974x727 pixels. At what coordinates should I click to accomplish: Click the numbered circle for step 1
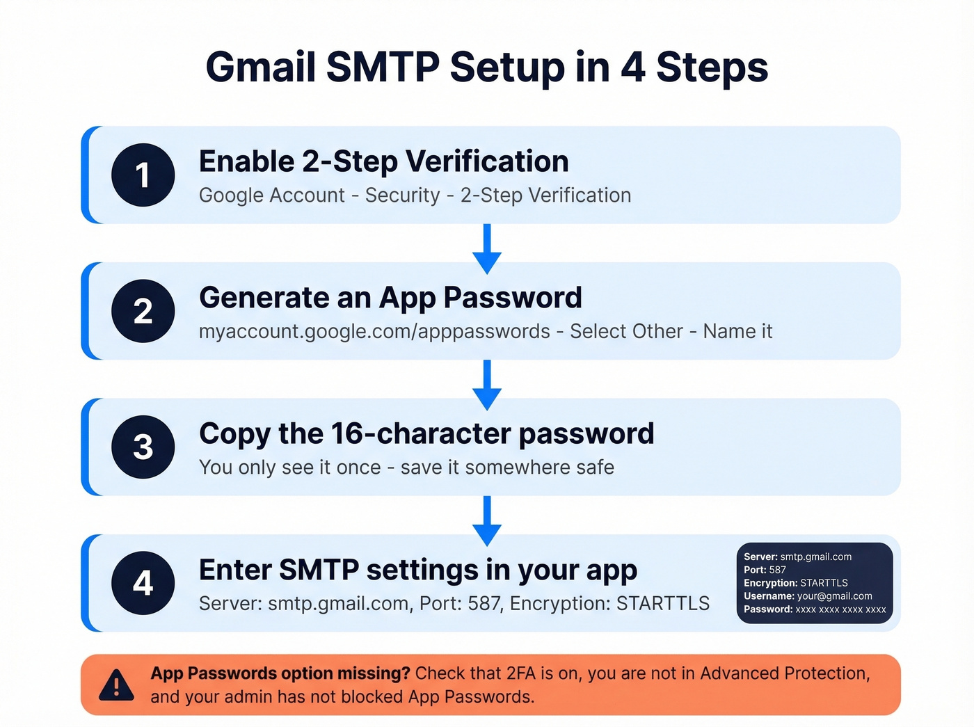click(x=143, y=175)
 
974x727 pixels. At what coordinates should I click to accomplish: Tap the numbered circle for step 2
click(x=143, y=311)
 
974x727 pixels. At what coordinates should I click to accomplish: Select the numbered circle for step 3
click(x=143, y=447)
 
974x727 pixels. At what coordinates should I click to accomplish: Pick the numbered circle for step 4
click(x=143, y=583)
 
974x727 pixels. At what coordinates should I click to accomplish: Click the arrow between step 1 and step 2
click(x=487, y=248)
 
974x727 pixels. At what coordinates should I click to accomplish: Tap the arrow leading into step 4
click(x=487, y=520)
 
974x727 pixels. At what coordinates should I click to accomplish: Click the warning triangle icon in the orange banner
click(x=116, y=685)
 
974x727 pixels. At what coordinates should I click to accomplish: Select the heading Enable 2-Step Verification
click(x=383, y=161)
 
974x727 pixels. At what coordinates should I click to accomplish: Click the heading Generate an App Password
click(x=390, y=298)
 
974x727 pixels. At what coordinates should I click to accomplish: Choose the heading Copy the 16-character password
click(x=426, y=433)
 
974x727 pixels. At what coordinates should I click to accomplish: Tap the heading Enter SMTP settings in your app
click(x=417, y=570)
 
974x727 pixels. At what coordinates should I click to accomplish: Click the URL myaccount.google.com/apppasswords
click(x=374, y=331)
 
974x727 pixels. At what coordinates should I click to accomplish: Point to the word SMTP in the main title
click(x=382, y=67)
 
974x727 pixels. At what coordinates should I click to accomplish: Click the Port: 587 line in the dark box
click(x=765, y=570)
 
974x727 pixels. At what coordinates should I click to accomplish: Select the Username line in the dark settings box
click(x=808, y=596)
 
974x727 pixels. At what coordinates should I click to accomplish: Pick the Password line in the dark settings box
click(x=815, y=609)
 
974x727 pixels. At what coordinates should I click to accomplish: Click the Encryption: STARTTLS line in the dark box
click(x=796, y=583)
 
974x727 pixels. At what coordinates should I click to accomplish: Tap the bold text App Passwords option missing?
click(x=280, y=673)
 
